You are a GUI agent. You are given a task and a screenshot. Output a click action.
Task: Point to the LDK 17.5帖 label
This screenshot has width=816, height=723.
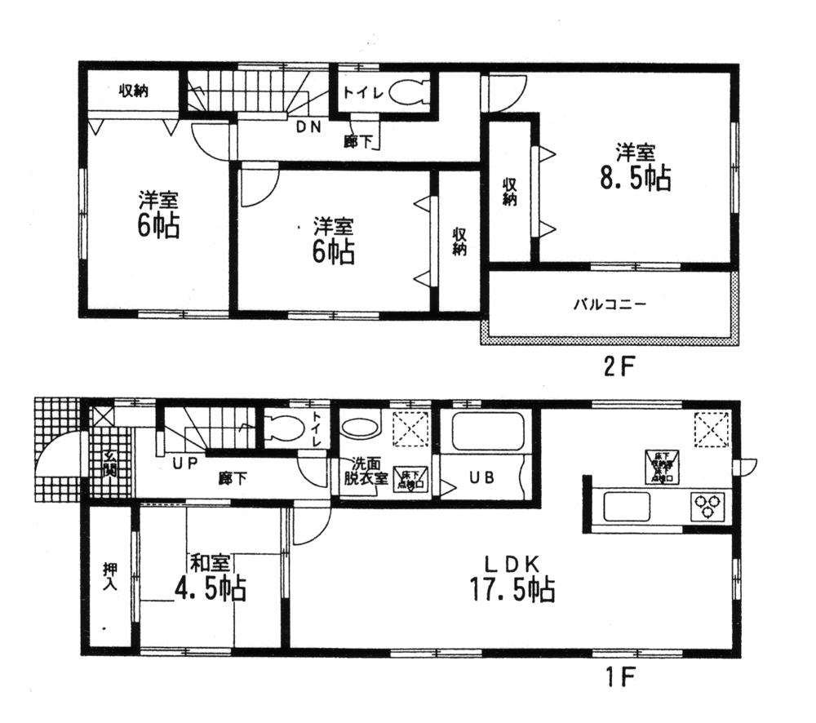[x=512, y=579]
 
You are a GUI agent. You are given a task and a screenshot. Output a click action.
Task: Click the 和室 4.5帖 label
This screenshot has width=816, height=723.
[x=211, y=578]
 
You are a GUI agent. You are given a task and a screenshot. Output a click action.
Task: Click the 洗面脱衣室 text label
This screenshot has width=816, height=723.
[x=364, y=471]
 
